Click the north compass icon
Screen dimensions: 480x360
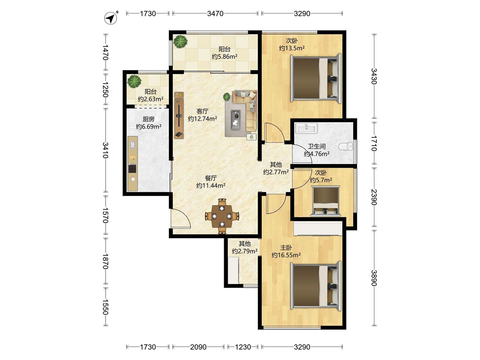point(111,18)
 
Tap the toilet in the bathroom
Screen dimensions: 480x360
point(346,146)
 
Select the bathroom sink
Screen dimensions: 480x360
point(306,128)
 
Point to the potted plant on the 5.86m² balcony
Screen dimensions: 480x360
point(180,42)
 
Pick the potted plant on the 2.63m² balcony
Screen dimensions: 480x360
point(134,82)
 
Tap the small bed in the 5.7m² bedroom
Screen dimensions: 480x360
point(326,200)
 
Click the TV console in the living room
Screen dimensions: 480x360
point(179,115)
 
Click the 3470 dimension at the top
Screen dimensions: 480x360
point(215,13)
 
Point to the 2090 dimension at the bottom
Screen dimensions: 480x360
point(198,347)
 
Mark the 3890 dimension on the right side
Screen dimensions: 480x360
point(373,277)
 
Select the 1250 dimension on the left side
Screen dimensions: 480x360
point(105,89)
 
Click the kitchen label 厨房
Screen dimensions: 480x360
point(148,119)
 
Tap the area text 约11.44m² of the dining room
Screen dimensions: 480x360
point(211,185)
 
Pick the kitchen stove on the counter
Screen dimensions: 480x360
point(132,168)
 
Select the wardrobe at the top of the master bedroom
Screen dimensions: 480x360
point(317,229)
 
